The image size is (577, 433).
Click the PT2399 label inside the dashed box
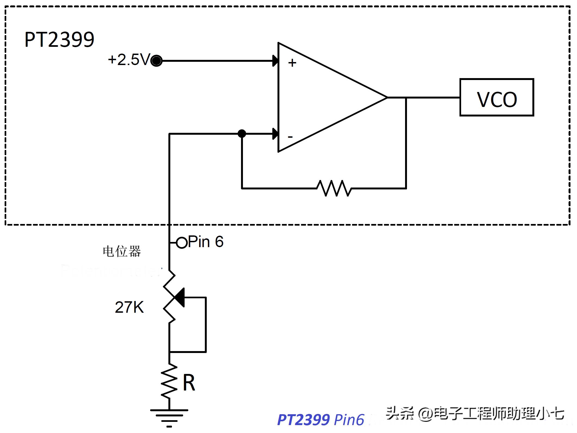[59, 40]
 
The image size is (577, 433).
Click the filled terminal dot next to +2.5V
[157, 61]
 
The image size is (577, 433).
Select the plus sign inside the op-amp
[292, 63]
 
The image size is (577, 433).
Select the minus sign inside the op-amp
[290, 137]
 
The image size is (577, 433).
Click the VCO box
[496, 97]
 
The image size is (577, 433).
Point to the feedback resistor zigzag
[334, 188]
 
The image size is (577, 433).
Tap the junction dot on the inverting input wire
[242, 134]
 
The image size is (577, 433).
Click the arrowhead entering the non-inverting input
[275, 61]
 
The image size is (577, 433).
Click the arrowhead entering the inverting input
[275, 134]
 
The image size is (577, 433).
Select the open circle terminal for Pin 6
[181, 242]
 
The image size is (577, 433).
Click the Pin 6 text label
[206, 242]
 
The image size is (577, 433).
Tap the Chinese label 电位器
[122, 251]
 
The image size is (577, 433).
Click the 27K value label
[129, 307]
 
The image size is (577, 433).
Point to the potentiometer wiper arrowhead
[180, 297]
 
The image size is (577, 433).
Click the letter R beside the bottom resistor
[189, 382]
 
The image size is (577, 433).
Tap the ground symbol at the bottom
[169, 416]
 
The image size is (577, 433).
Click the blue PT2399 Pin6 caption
[320, 420]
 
